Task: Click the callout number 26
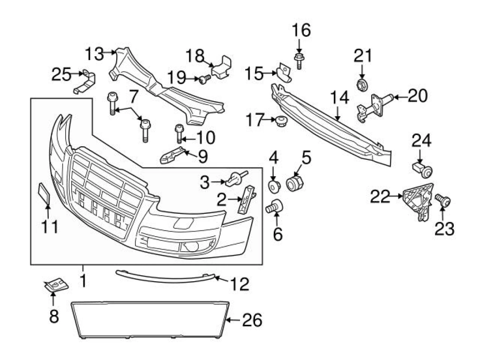click(252, 321)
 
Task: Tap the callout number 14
click(339, 99)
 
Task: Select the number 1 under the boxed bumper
click(83, 281)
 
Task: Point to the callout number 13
click(94, 54)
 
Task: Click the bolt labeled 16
click(299, 60)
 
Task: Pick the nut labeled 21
click(362, 85)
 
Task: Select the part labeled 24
click(423, 170)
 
